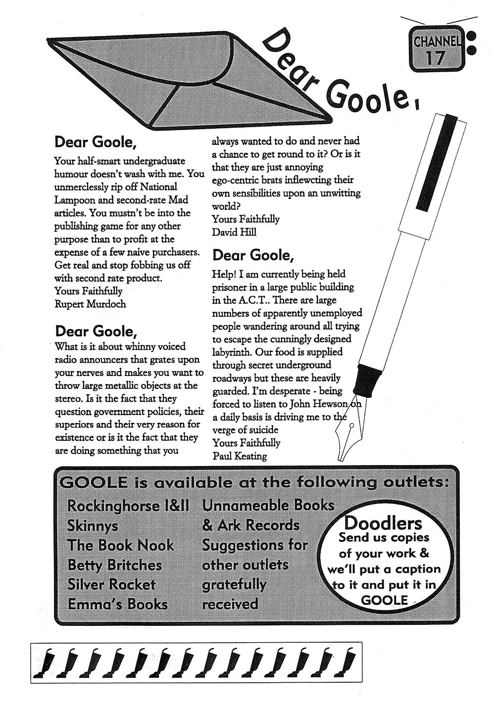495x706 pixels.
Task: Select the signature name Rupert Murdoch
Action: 90,304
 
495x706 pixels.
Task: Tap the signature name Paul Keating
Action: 240,456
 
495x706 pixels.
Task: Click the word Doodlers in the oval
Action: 383,523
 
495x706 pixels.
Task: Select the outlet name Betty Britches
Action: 115,565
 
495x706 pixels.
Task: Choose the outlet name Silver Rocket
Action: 111,584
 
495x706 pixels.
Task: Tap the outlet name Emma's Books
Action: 118,604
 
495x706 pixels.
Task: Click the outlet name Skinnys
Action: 93,525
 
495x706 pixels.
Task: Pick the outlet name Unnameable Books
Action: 268,505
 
